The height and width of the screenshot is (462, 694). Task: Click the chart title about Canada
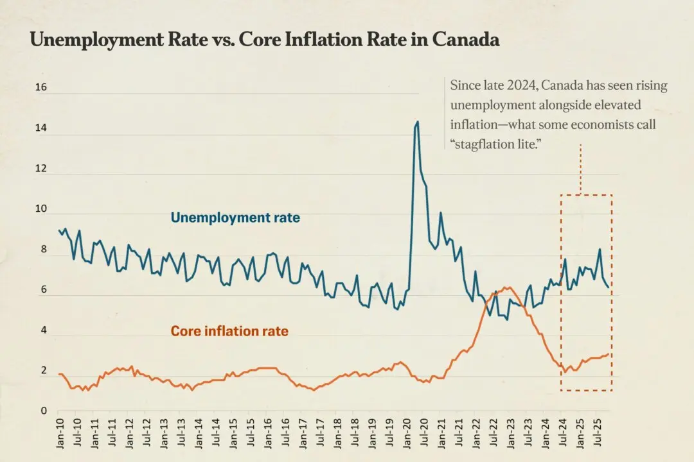[x=265, y=40]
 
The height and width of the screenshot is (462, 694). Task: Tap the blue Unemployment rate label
[x=235, y=218]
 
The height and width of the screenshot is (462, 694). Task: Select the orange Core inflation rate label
[x=229, y=332]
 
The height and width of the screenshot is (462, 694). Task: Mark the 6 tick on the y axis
[x=43, y=290]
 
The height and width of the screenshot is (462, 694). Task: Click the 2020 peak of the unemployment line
[x=417, y=121]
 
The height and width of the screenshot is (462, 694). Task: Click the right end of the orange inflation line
[x=608, y=353]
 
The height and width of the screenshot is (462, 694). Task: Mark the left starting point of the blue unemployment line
[x=59, y=230]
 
